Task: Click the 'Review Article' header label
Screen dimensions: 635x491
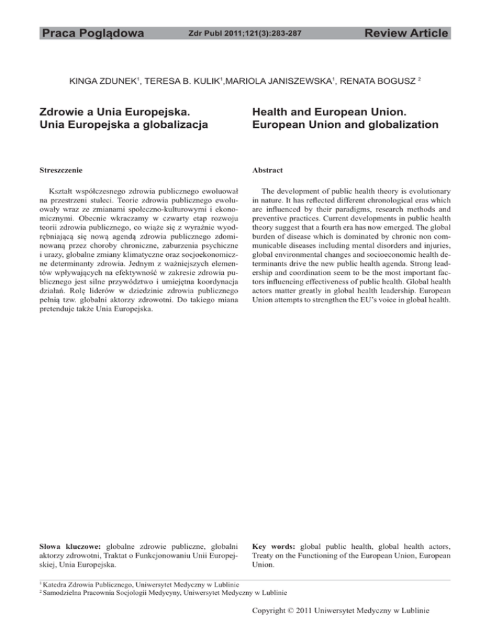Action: click(x=403, y=33)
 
